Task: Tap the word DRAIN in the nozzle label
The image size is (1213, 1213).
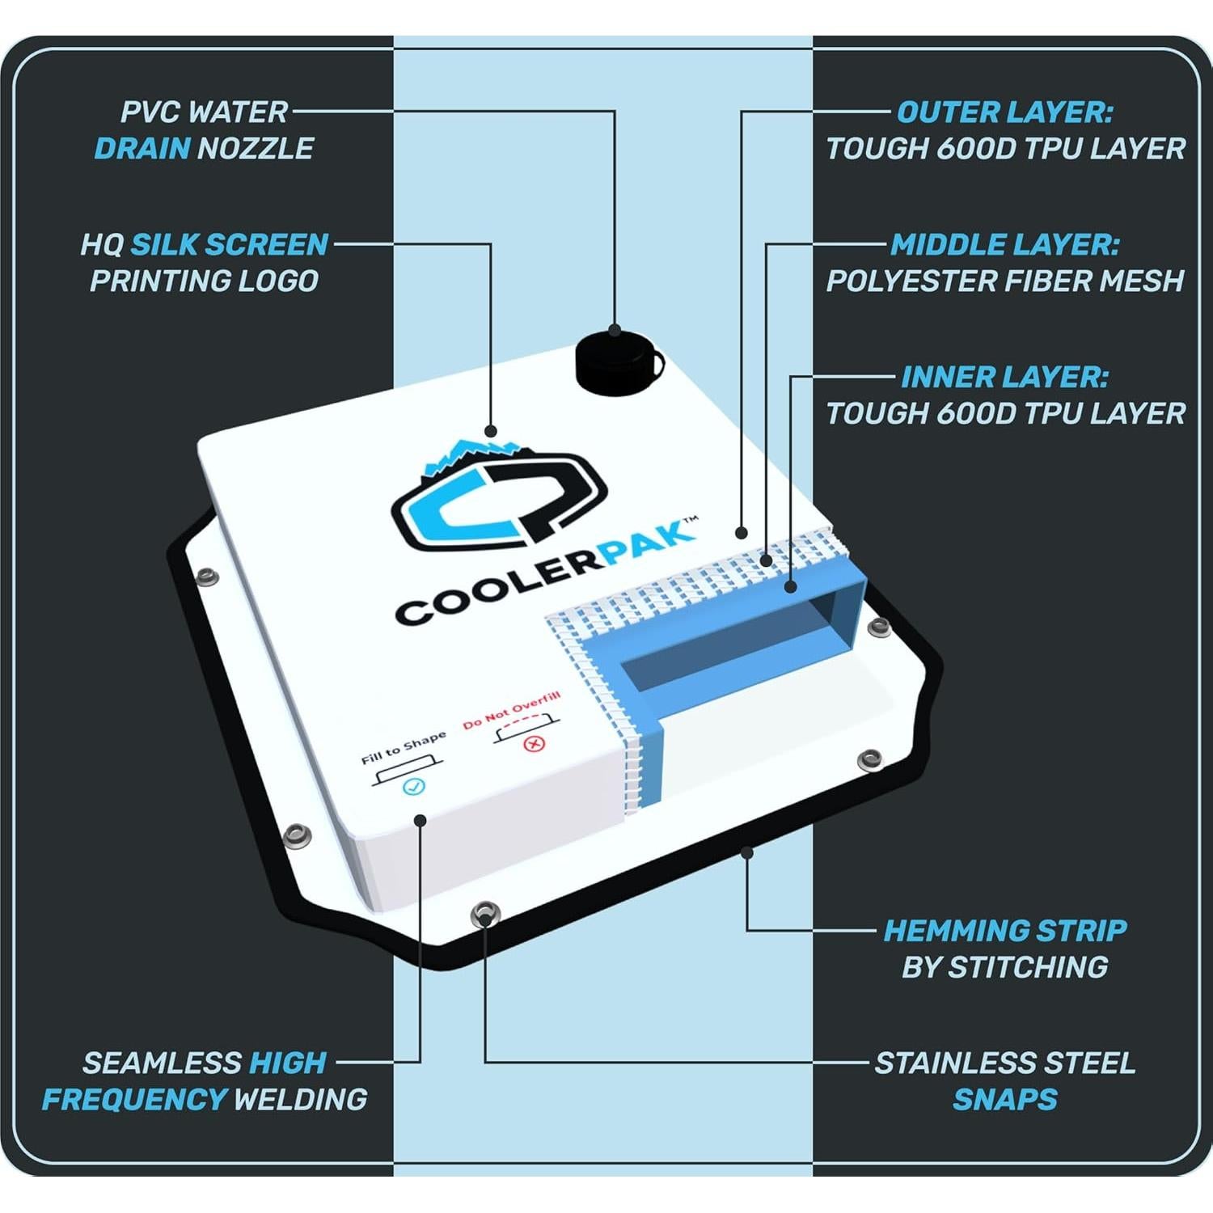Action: (x=142, y=149)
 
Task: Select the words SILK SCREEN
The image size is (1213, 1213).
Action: (x=230, y=244)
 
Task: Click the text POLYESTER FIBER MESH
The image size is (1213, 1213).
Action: (x=1004, y=281)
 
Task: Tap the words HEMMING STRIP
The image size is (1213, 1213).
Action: (x=1004, y=930)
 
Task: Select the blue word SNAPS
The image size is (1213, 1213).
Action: (x=1004, y=1099)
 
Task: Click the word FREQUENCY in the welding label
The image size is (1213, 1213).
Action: (x=134, y=1099)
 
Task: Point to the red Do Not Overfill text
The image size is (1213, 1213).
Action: (x=511, y=711)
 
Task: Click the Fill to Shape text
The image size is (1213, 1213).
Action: (x=403, y=748)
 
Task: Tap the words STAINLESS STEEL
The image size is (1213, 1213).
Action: (x=1004, y=1063)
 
